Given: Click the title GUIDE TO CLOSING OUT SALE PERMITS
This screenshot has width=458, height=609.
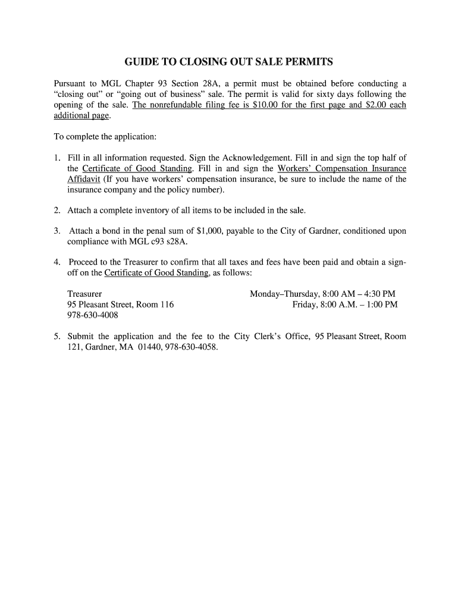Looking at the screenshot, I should point(229,62).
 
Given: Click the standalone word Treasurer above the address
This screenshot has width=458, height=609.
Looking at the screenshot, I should point(84,294).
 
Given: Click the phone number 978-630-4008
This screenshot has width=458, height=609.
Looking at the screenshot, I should point(93,315).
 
